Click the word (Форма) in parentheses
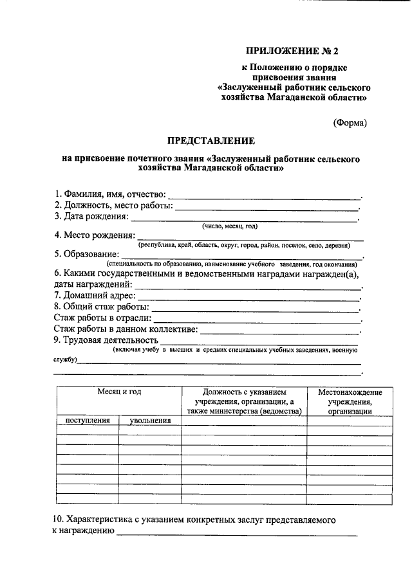coord(350,123)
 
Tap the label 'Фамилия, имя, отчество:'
coord(111,194)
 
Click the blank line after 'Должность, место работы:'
coord(267,208)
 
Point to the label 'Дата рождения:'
coord(91,216)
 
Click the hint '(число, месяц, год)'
coord(230,226)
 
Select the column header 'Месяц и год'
coord(119,392)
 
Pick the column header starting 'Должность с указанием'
coord(244,401)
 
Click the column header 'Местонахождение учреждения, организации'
coord(350,401)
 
